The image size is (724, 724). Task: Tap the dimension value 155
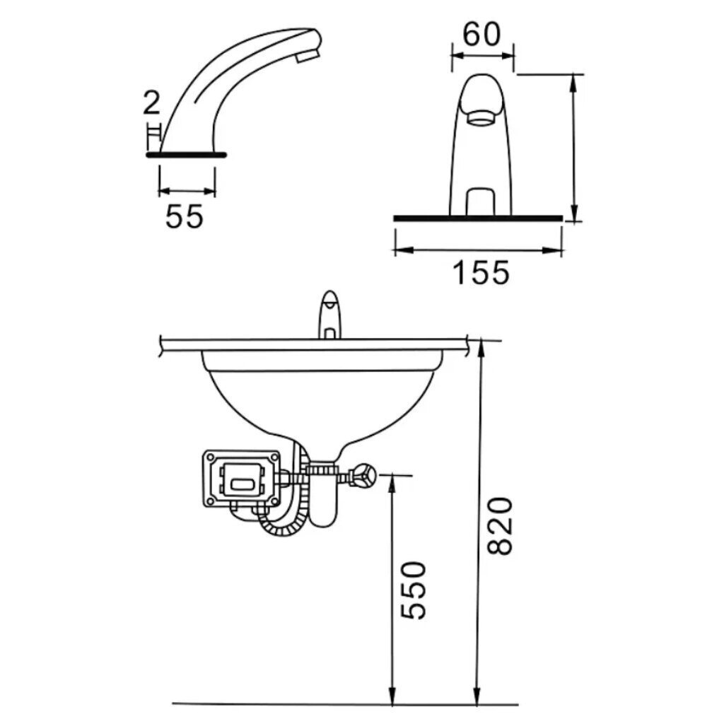tap(481, 272)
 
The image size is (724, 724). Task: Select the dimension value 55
tap(185, 216)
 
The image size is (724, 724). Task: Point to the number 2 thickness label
tap(151, 103)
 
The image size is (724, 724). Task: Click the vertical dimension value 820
tap(500, 526)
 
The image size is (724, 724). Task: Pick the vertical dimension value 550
tap(413, 590)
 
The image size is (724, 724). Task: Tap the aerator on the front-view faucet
tap(481, 118)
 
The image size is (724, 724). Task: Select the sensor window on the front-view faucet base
tap(481, 202)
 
